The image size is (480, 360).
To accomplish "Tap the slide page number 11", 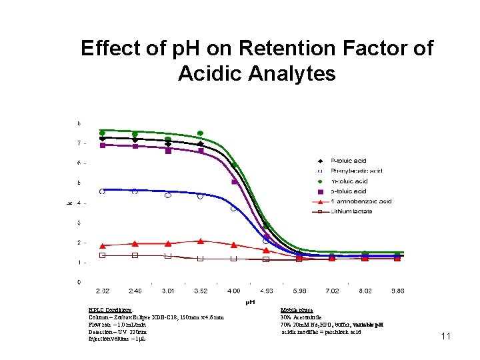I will [446, 337].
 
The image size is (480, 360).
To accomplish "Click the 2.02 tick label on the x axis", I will [103, 291].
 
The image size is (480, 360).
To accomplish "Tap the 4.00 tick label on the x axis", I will [233, 291].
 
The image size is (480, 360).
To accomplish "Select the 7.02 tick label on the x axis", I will [332, 291].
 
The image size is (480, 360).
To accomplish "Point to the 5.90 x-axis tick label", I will [299, 291].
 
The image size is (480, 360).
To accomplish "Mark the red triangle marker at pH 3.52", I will [201, 241].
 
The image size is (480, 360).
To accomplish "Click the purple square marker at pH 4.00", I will [234, 181].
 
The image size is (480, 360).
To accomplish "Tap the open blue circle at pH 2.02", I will [102, 191].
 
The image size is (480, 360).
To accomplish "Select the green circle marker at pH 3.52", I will [200, 133].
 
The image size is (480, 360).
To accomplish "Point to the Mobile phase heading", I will [297, 310].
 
